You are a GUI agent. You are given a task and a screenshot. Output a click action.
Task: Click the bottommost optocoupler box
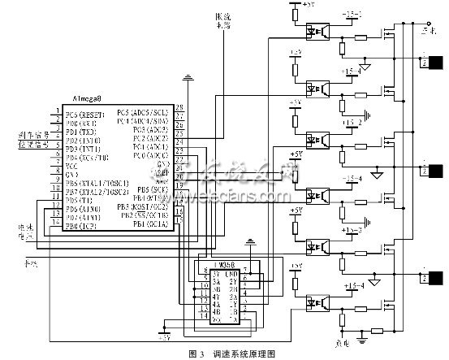315,302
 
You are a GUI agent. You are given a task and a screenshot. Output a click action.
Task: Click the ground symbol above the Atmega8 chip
188,79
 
